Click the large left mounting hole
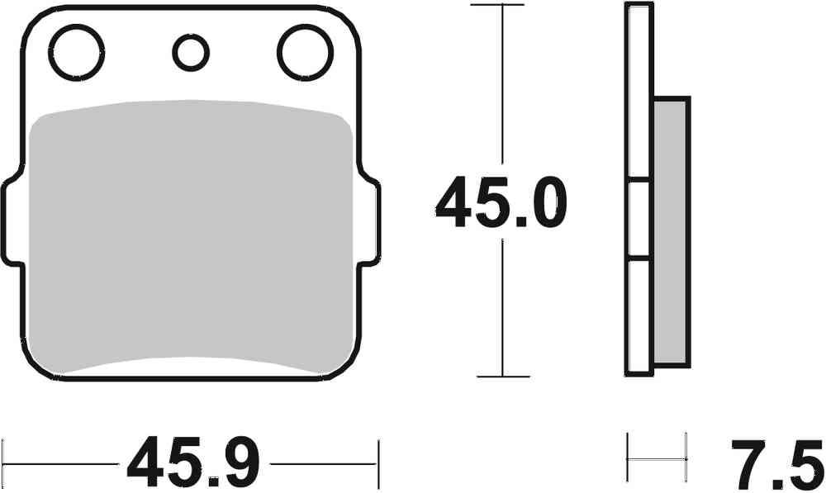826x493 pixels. point(77,51)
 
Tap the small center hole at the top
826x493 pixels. point(190,53)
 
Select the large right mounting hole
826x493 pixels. point(304,51)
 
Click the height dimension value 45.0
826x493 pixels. point(501,205)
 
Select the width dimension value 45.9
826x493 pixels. point(192,463)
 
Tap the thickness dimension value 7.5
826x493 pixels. point(776,465)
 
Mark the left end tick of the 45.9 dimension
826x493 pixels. point(2,463)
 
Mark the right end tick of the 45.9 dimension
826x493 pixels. point(378,463)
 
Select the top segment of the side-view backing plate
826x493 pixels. point(638,91)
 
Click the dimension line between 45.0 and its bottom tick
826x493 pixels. point(501,306)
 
